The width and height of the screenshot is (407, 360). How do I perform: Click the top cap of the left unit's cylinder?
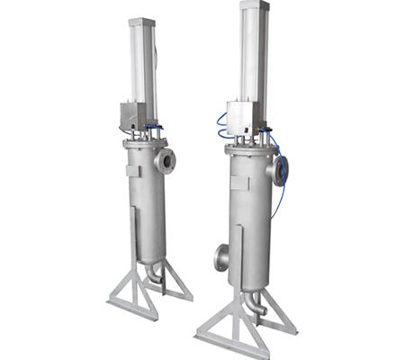click(x=141, y=22)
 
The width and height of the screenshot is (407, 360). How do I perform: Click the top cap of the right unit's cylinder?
click(x=254, y=6)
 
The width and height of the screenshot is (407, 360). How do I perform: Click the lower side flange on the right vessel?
click(x=220, y=256)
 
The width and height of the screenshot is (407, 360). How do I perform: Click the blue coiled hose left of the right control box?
click(x=221, y=126)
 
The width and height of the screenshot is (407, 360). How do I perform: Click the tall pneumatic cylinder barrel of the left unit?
click(x=142, y=67)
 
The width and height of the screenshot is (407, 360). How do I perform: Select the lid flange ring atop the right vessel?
click(x=252, y=149)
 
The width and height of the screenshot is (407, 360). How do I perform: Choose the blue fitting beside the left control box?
click(x=158, y=128)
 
